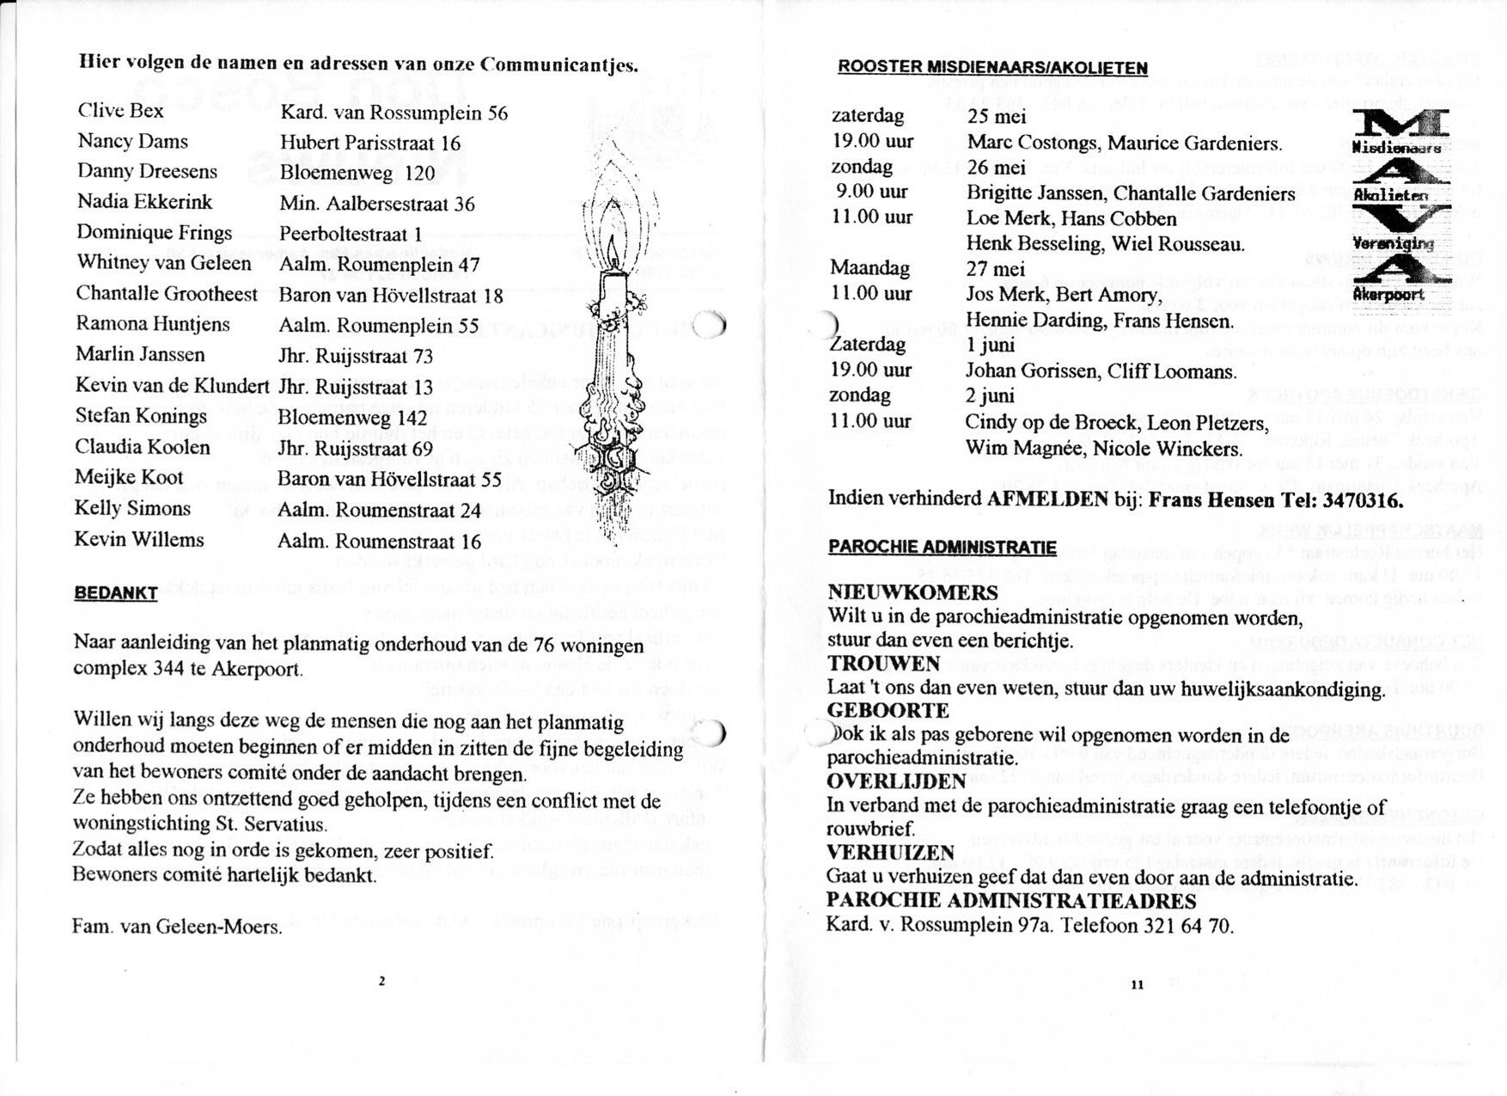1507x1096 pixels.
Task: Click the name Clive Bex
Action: coord(120,111)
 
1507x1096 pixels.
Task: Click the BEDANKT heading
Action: coord(115,593)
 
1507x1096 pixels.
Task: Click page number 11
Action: coord(1137,985)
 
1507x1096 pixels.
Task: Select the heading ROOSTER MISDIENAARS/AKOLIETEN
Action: coord(992,68)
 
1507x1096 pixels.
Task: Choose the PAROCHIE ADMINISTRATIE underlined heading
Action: coord(942,548)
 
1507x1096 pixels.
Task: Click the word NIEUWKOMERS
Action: coord(912,592)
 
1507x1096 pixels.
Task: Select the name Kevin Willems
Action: coord(139,540)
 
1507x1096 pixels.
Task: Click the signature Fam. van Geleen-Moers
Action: coord(177,927)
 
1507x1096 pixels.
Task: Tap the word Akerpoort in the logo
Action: coord(1388,295)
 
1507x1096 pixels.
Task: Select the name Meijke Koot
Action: coord(129,478)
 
